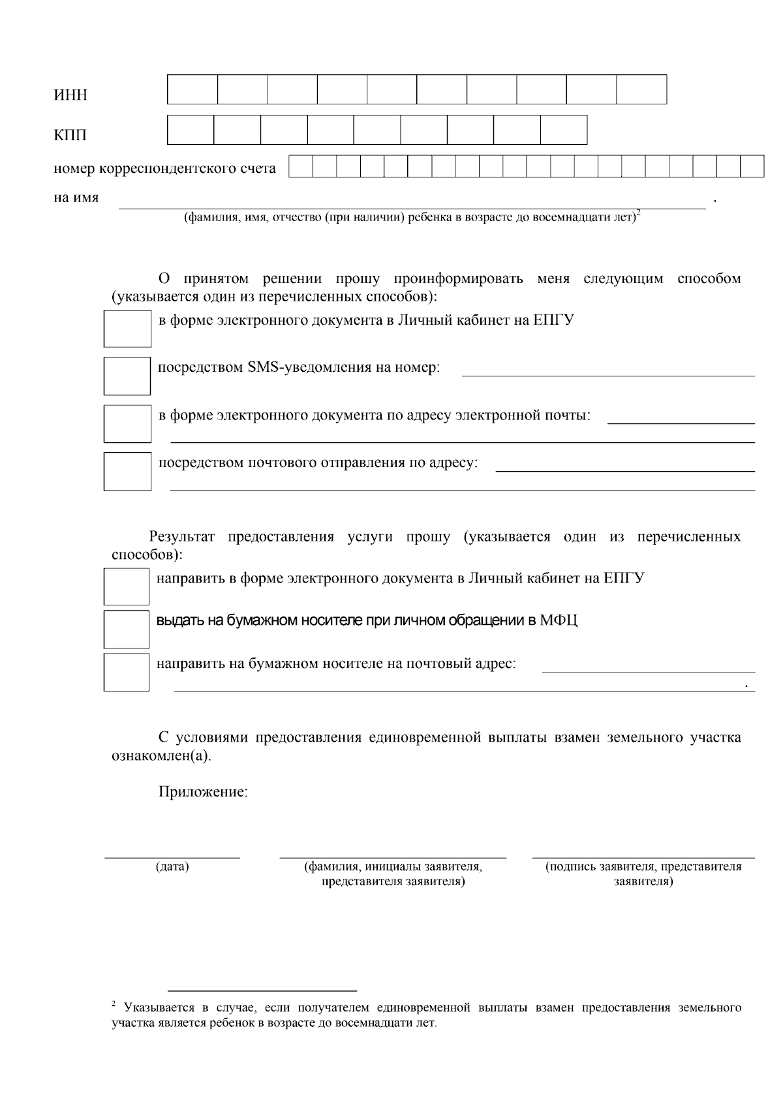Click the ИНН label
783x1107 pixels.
coord(70,95)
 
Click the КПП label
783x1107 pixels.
coord(70,136)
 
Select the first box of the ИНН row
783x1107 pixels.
coord(192,90)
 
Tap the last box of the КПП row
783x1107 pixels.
coord(564,130)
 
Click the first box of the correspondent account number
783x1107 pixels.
coord(301,166)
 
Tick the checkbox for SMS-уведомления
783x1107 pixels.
coord(127,376)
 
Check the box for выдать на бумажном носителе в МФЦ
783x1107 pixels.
coord(127,629)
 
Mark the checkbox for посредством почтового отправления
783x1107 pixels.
coord(127,471)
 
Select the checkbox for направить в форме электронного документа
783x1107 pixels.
coord(127,586)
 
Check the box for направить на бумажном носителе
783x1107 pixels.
coord(127,672)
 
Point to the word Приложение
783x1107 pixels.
coord(203,793)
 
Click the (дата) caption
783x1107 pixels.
coord(172,867)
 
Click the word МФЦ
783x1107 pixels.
coord(559,620)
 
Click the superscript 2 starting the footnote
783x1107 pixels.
coord(114,1003)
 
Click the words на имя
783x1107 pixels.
coord(76,198)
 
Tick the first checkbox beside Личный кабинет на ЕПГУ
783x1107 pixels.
coord(127,328)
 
